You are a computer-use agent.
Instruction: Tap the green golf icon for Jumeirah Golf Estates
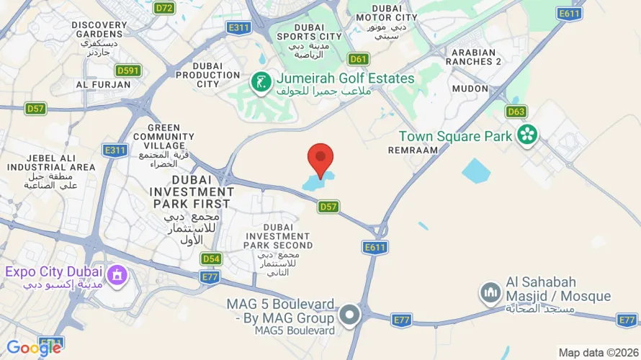(260, 82)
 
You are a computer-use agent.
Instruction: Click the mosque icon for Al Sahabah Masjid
(490, 292)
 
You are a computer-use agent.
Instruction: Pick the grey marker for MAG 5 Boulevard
(349, 315)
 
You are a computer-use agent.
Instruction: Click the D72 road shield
(165, 8)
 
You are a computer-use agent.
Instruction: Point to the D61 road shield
(358, 59)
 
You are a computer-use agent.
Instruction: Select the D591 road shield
(127, 71)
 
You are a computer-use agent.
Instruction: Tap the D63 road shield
(516, 112)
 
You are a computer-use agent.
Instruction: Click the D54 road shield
(211, 258)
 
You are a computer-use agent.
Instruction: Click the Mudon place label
(470, 89)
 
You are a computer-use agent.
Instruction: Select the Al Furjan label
(104, 84)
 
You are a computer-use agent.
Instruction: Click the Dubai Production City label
(208, 74)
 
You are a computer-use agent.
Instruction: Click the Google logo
(34, 348)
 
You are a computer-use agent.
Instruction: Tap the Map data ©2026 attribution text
(598, 353)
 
